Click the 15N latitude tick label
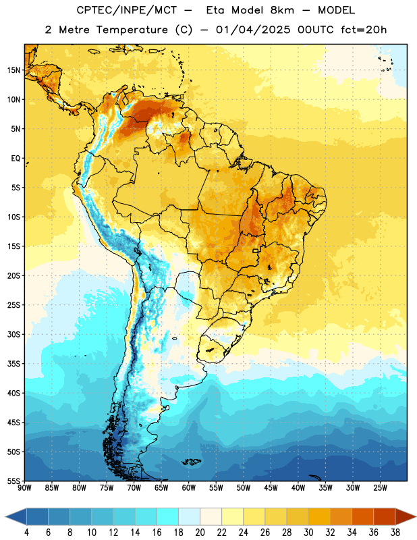13,70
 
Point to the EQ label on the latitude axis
16,159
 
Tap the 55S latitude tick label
13,481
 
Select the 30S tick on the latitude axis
13,334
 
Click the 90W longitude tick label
25,488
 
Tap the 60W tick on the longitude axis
189,488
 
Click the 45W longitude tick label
271,488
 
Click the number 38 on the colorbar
395,533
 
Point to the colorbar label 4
26,533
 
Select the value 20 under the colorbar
200,533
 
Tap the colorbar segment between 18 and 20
190,517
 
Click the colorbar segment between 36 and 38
385,517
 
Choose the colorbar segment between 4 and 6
38,517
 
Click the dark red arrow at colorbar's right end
406,517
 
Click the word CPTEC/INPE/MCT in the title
126,10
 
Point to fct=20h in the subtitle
364,30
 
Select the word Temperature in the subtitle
132,30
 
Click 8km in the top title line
282,10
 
